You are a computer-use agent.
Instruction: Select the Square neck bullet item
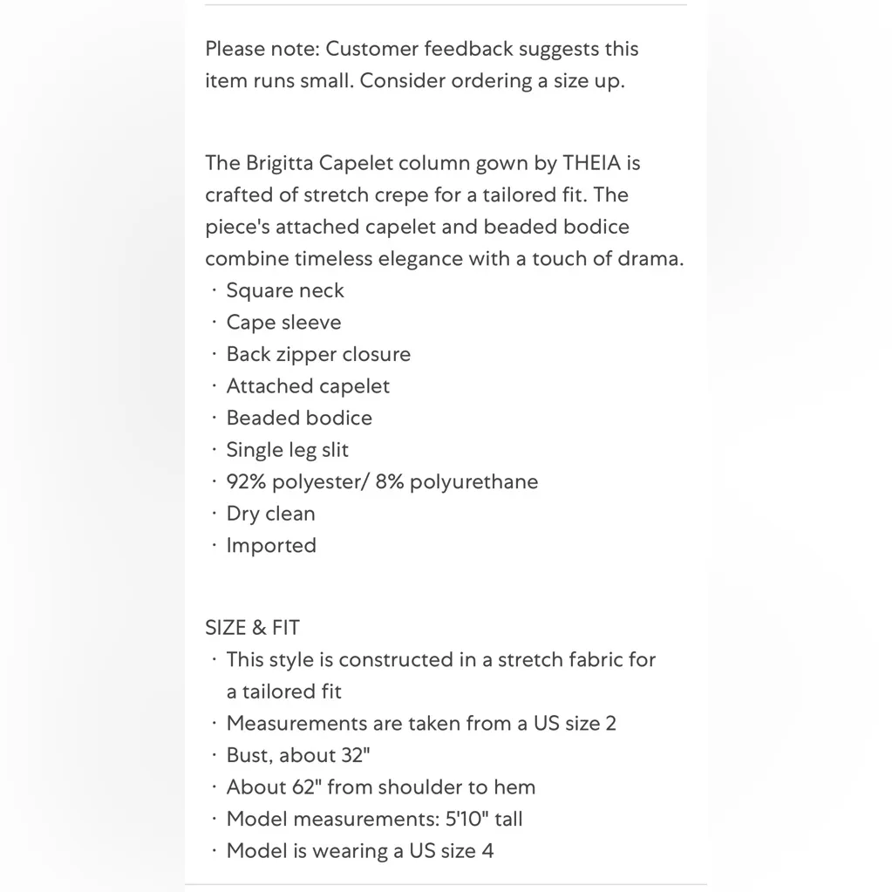tap(285, 290)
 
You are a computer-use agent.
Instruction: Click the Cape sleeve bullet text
tap(283, 323)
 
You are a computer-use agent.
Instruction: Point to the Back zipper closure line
tap(318, 354)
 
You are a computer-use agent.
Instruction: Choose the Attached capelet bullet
tap(308, 386)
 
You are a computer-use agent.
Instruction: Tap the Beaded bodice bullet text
tap(299, 418)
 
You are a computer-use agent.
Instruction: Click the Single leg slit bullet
tap(287, 450)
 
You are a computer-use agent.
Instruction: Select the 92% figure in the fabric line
tap(247, 482)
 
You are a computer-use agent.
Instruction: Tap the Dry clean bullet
tap(270, 514)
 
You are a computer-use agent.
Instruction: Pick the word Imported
tap(271, 546)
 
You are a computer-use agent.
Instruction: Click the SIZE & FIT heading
tap(252, 628)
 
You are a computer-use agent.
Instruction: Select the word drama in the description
tap(651, 259)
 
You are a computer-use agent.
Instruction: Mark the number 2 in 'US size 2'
tap(610, 724)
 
